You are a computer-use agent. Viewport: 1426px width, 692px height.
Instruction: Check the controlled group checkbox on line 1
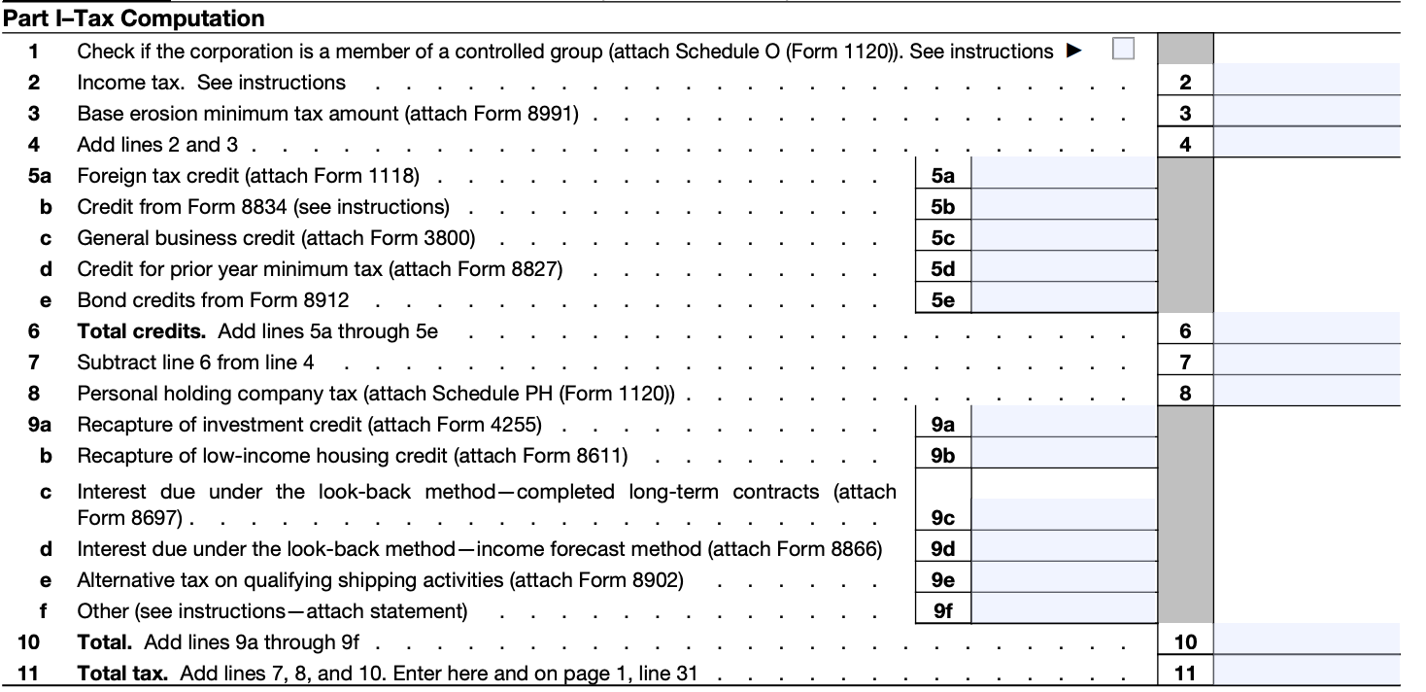[x=1123, y=50]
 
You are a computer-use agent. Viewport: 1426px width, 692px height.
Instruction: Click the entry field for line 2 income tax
[x=1307, y=83]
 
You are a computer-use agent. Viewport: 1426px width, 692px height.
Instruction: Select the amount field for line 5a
[x=1064, y=176]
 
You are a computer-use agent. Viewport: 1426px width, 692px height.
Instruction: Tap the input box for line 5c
[x=1064, y=238]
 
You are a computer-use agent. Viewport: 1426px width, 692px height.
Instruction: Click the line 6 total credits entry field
[x=1307, y=331]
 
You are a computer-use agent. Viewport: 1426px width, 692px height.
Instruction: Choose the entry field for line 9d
[x=1064, y=549]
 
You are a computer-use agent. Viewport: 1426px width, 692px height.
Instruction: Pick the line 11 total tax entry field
[x=1307, y=673]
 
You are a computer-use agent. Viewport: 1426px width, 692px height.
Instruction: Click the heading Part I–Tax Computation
[x=134, y=18]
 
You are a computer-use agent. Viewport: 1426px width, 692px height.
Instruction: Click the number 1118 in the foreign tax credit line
[x=391, y=176]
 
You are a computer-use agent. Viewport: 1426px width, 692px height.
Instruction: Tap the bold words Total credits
[x=142, y=331]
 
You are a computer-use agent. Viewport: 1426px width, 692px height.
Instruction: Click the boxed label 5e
[x=942, y=300]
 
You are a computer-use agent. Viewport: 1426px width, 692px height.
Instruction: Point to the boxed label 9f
[x=942, y=611]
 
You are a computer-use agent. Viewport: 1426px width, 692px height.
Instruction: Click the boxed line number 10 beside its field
[x=1185, y=642]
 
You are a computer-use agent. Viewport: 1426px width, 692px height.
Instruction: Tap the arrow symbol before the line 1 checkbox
[x=1073, y=51]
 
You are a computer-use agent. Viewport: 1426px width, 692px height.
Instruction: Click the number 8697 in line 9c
[x=158, y=518]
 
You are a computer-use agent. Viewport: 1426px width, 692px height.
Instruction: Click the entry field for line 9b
[x=1064, y=456]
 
